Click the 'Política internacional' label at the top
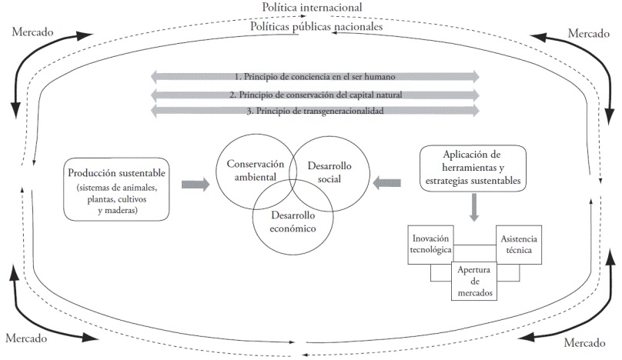click(x=312, y=8)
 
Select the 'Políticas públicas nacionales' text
click(x=317, y=27)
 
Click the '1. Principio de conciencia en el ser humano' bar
click(x=316, y=76)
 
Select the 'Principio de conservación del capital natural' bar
click(x=316, y=94)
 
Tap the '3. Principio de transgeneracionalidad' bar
click(x=316, y=112)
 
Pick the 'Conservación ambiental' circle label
click(x=250, y=170)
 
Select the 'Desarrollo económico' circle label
click(x=293, y=222)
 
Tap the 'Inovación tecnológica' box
click(x=431, y=244)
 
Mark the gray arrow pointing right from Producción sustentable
click(x=195, y=183)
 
